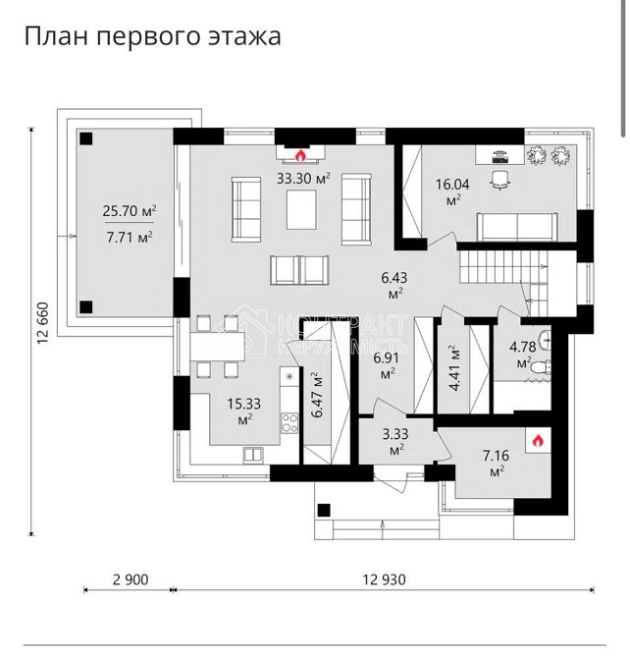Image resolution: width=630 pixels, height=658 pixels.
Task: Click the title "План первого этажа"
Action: (x=152, y=36)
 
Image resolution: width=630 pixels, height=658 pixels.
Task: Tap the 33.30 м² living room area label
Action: (x=303, y=178)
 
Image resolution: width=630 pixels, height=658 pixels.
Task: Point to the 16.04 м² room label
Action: (x=453, y=189)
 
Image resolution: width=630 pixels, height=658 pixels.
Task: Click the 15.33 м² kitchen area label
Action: (x=244, y=411)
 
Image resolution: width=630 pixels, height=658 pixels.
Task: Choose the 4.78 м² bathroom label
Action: (x=523, y=353)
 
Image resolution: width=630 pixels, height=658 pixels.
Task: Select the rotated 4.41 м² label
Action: (x=453, y=366)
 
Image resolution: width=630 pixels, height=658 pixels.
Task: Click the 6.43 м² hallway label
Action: (x=395, y=284)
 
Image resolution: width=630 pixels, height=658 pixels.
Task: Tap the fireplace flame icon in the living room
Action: (x=301, y=154)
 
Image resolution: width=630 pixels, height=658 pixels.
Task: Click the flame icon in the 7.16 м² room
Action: (x=537, y=442)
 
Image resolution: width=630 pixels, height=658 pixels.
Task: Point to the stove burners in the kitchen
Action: (x=290, y=423)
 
